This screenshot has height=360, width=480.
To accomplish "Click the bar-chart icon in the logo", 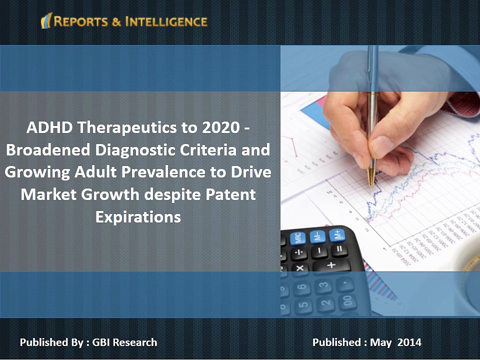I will point(46,21).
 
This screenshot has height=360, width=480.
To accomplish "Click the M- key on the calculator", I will point(317,236).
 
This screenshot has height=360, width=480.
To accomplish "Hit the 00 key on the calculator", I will point(346,301).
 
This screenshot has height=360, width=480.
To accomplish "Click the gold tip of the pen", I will point(370,177).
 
